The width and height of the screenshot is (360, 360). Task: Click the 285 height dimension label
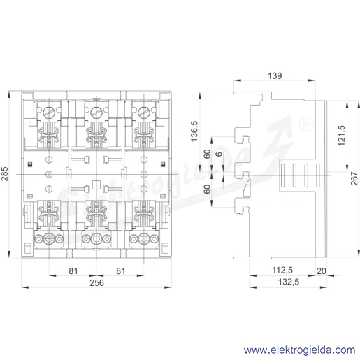click(x=4, y=174)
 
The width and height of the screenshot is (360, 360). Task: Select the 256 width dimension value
click(x=96, y=283)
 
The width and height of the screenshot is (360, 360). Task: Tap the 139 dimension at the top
click(x=275, y=75)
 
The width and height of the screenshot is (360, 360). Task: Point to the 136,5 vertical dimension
click(x=194, y=131)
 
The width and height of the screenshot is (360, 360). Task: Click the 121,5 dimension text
click(x=342, y=136)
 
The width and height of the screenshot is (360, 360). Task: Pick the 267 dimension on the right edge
click(x=354, y=178)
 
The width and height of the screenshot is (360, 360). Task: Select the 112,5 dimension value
click(x=282, y=271)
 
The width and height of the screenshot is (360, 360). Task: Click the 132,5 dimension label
click(x=289, y=282)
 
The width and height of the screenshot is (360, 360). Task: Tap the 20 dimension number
click(x=322, y=271)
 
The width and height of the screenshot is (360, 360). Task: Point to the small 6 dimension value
click(x=219, y=154)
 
